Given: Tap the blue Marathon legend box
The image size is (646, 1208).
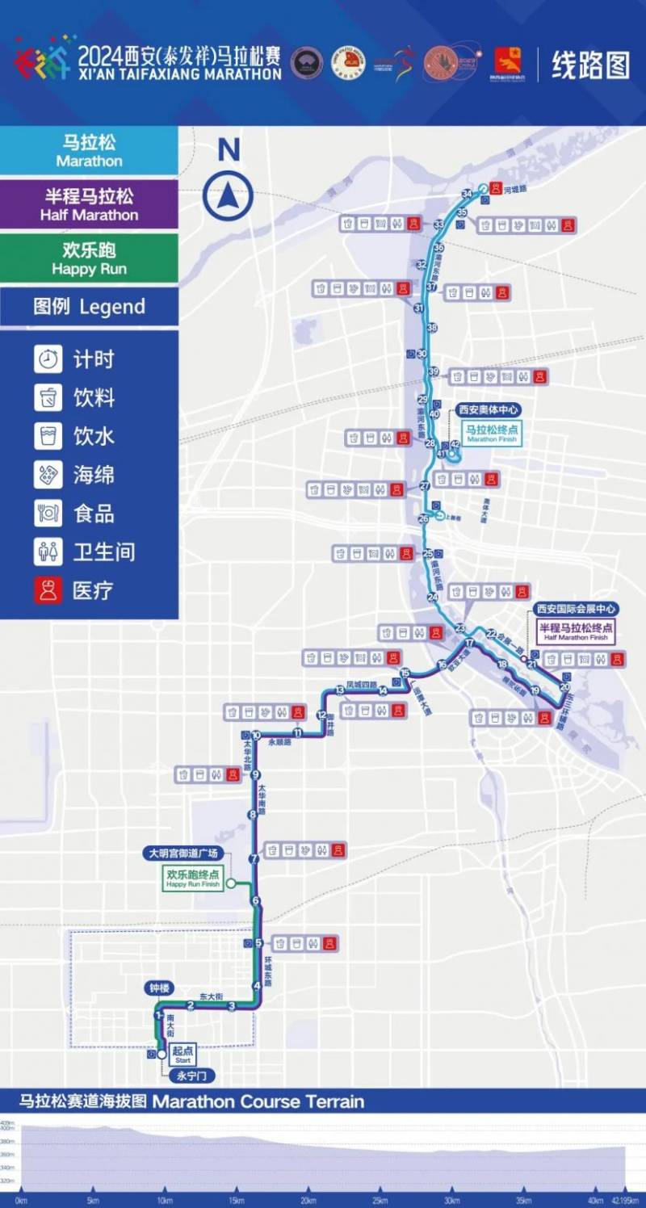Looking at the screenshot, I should [89, 151].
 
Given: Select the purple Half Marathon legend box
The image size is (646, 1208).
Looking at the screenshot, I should [89, 204].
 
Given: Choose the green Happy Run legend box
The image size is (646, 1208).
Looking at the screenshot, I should [89, 258].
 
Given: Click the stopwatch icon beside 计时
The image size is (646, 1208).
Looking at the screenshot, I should [48, 359].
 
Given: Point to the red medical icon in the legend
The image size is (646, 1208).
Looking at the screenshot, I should [48, 590].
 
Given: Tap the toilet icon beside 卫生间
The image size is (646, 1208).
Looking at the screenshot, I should [48, 552].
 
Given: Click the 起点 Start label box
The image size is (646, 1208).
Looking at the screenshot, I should [182, 1053].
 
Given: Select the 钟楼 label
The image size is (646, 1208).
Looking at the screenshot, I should [159, 988].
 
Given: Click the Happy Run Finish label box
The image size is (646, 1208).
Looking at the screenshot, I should [193, 878].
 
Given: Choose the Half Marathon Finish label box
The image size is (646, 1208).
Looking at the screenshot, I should [576, 632].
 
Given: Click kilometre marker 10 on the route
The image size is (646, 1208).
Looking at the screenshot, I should [256, 736].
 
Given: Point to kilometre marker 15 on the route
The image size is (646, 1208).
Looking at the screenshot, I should [405, 673].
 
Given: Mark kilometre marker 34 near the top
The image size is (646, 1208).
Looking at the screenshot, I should [467, 194].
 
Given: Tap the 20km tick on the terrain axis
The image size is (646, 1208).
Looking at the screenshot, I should [308, 1201].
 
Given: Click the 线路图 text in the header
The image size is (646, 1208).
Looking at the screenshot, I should [590, 65].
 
